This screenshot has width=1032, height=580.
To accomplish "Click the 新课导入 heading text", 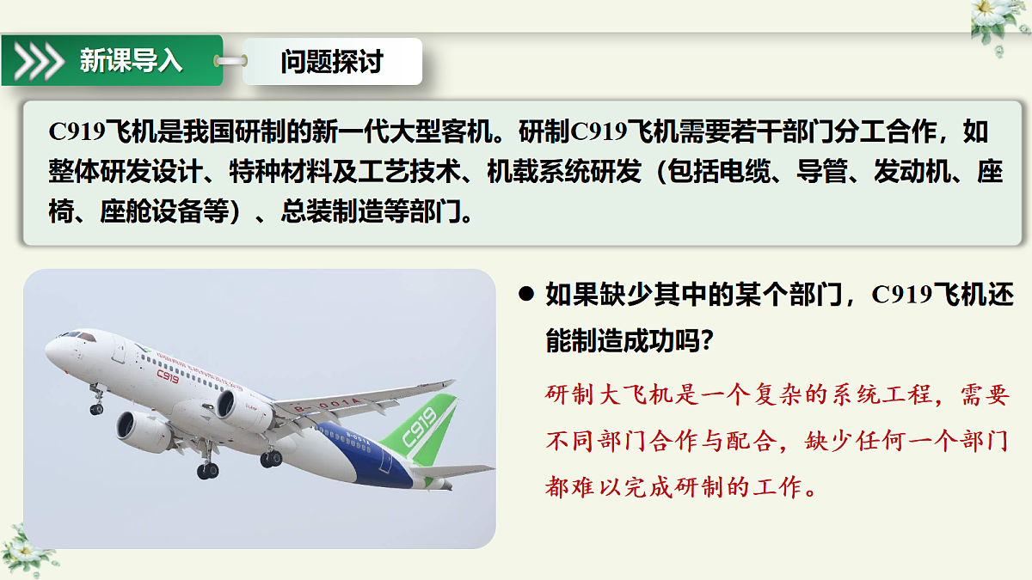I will [131, 61].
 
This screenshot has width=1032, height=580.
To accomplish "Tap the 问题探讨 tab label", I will [331, 61].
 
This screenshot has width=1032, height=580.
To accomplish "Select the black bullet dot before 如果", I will [526, 295].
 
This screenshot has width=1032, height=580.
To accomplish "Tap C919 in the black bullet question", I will [902, 295].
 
